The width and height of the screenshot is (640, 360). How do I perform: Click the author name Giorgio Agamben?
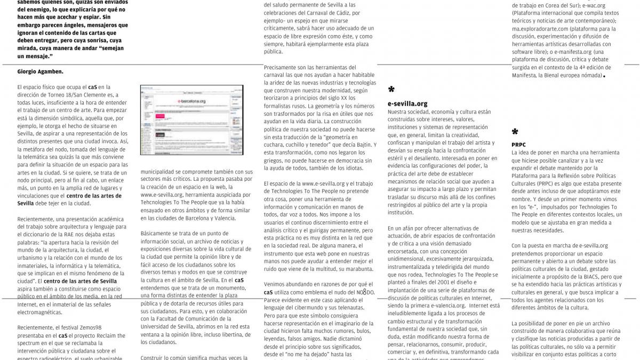click(40, 71)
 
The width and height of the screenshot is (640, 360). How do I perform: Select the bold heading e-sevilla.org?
click(407, 103)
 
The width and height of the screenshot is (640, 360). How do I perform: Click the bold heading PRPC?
click(518, 144)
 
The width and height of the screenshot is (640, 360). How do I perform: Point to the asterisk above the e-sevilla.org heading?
click(391, 90)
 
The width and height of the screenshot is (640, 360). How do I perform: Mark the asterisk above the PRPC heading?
click(515, 132)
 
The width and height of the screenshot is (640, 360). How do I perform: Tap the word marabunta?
click(355, 269)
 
